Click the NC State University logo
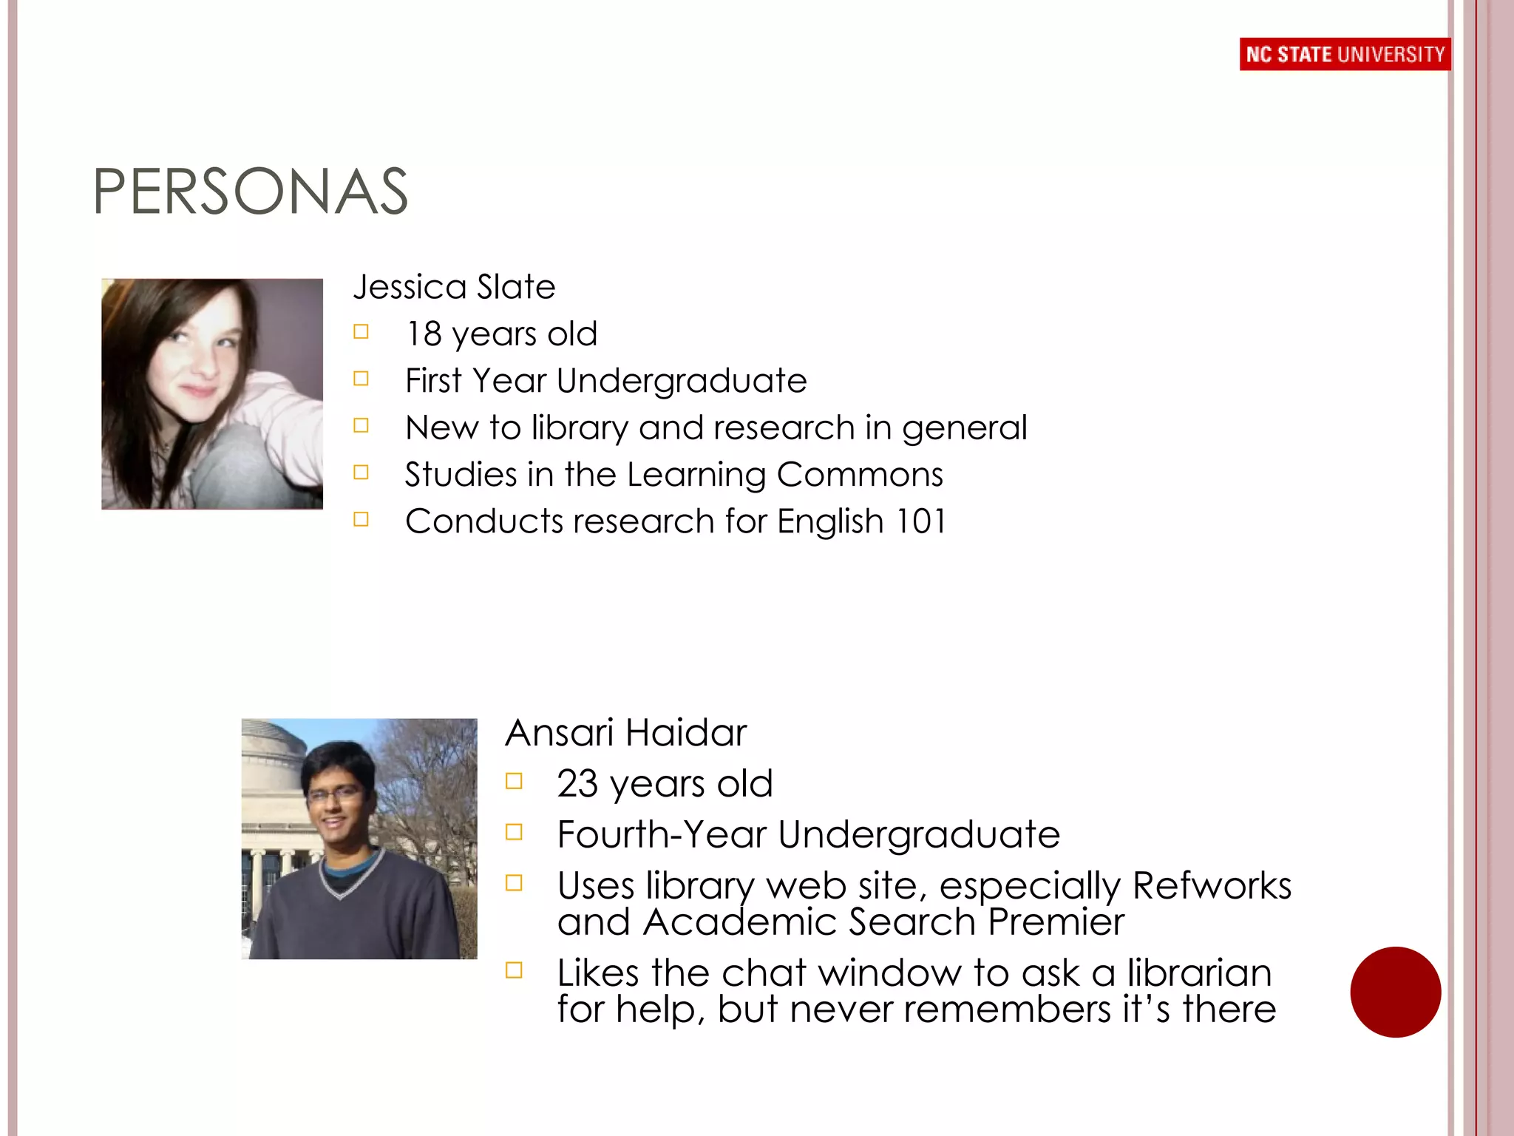1345,54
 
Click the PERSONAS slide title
250,192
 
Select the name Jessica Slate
454,287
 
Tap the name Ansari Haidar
625,733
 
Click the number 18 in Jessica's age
424,334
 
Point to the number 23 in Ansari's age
577,783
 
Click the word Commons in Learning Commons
860,475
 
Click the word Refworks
1212,885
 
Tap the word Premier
1056,922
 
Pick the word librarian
1199,973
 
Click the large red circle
1395,992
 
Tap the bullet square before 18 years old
361,332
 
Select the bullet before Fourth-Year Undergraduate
514,832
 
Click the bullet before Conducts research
361,519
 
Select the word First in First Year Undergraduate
433,381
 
